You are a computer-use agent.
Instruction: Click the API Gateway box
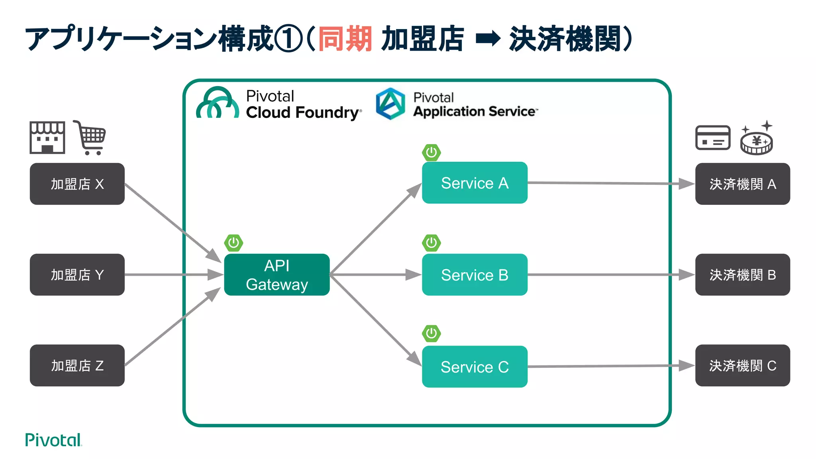[x=277, y=275]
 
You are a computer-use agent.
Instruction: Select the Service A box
[x=475, y=183]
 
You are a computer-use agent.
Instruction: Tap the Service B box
[x=475, y=275]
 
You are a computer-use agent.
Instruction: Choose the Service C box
[x=475, y=367]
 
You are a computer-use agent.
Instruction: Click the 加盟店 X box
[x=77, y=184]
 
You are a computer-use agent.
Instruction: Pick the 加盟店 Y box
[x=77, y=275]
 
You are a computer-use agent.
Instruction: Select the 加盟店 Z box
[x=77, y=365]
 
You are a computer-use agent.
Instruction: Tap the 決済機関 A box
[x=742, y=184]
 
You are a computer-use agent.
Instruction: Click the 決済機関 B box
[x=742, y=275]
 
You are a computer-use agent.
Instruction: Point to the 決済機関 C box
[x=742, y=365]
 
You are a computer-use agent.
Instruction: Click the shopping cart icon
[x=90, y=137]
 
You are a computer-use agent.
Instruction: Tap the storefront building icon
[x=47, y=137]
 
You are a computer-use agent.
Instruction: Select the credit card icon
[x=713, y=137]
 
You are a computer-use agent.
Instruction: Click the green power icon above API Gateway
[x=233, y=243]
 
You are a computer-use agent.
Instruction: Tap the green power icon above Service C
[x=432, y=333]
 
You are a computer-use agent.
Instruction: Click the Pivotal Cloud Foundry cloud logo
[x=218, y=103]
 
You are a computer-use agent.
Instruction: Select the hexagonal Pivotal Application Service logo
[x=390, y=104]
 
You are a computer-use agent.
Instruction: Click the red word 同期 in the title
[x=345, y=39]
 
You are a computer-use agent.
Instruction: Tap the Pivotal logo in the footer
[x=53, y=440]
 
